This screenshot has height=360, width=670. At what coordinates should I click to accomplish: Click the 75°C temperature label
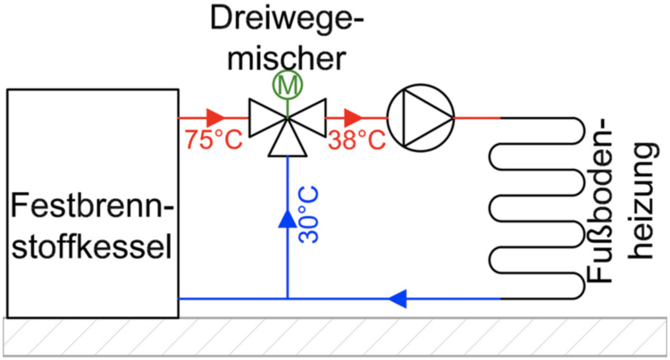click(x=212, y=140)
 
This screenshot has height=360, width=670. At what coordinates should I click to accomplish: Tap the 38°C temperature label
click(x=356, y=140)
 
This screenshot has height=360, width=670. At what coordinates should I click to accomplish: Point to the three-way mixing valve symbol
click(x=287, y=121)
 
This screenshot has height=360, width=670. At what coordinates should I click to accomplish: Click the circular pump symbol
click(x=420, y=117)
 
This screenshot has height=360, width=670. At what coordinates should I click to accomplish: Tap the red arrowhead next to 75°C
click(x=214, y=117)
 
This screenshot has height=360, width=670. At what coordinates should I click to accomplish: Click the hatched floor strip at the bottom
click(x=335, y=338)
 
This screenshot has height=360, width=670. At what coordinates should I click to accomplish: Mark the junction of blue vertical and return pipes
click(x=287, y=297)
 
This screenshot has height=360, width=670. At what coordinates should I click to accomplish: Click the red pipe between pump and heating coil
click(x=478, y=117)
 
